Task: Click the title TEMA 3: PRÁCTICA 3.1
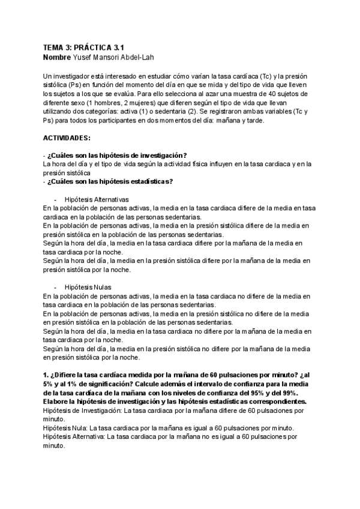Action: coord(85,47)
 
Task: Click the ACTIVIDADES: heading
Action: coord(67,137)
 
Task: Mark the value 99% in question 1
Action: coord(298,393)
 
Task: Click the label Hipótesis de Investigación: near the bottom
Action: coord(83,410)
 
